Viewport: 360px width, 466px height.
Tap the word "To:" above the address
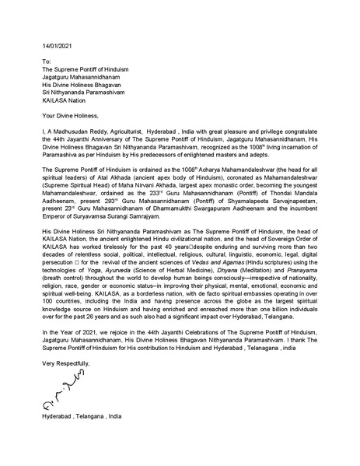[x=47, y=61]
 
